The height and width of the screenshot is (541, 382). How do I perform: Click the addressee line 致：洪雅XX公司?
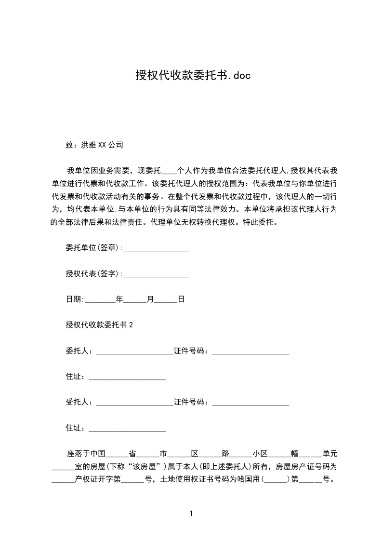click(x=94, y=144)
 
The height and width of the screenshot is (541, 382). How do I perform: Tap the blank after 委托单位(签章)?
click(x=156, y=249)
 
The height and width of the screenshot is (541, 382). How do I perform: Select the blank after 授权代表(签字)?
click(x=156, y=274)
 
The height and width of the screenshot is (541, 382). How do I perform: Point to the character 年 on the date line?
click(x=120, y=299)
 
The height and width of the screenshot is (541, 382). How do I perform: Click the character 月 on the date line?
click(x=150, y=299)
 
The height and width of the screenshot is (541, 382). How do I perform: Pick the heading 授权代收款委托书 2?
click(x=99, y=325)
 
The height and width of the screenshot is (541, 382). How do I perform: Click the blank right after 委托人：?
click(x=134, y=351)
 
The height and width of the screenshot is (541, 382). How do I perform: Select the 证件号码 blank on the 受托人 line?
click(x=250, y=403)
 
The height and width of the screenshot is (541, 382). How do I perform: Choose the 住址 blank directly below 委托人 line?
click(x=127, y=377)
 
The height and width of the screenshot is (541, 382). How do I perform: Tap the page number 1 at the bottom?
click(x=191, y=514)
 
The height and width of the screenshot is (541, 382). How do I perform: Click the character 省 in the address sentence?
click(x=132, y=454)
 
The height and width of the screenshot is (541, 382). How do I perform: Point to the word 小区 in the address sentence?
click(x=260, y=454)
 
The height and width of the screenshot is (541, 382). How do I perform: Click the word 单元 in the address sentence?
click(x=330, y=454)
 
